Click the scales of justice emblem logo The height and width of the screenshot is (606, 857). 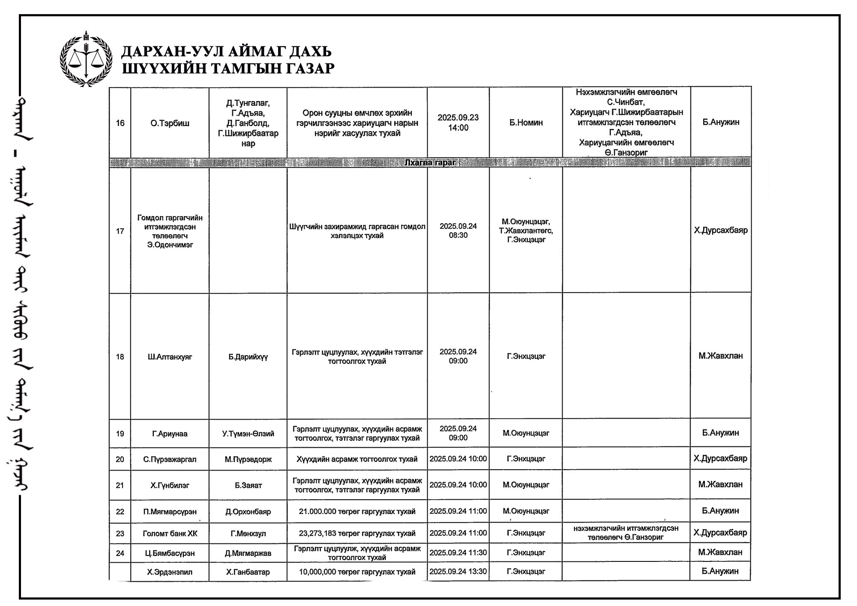click(86, 58)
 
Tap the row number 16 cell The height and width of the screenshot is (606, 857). click(120, 123)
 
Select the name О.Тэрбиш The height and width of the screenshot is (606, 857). click(170, 123)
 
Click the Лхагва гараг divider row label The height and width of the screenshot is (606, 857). click(430, 162)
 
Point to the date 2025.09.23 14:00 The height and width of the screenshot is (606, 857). click(458, 123)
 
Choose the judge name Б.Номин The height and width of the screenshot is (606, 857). click(526, 123)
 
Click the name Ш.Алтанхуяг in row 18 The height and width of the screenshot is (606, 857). click(170, 357)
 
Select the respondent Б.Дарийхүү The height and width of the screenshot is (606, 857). click(248, 357)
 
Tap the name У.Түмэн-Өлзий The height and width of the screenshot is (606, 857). click(248, 434)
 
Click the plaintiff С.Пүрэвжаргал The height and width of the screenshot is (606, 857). click(170, 459)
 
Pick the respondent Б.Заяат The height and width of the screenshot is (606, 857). click(248, 485)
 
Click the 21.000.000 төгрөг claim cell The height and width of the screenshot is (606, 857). click(357, 511)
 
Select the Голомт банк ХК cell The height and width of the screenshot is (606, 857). click(170, 534)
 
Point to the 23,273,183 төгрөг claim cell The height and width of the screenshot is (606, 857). click(357, 534)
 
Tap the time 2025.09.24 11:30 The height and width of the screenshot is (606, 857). click(458, 553)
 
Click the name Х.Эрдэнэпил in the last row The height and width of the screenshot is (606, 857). click(170, 572)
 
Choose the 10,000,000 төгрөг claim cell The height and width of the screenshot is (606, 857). click(357, 572)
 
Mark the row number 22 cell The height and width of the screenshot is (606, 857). click(120, 511)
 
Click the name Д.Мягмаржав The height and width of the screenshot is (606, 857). click(248, 553)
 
